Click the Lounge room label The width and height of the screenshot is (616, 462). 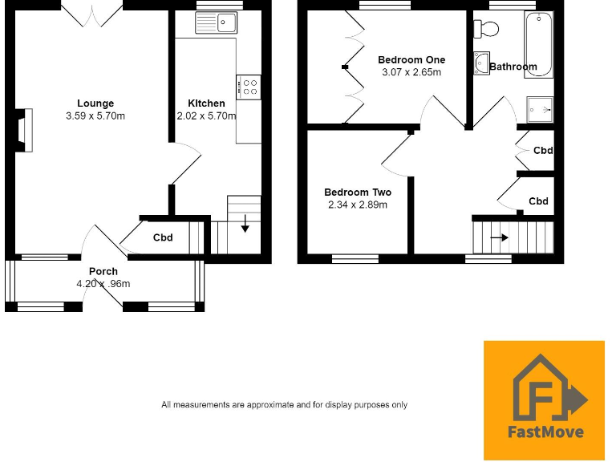click(x=95, y=103)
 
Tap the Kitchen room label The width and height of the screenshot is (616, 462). click(x=206, y=103)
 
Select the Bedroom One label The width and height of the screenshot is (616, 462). click(x=411, y=60)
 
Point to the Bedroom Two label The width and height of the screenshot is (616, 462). click(x=358, y=192)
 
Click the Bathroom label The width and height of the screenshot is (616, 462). click(x=513, y=67)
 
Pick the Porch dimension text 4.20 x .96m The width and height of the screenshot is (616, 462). click(x=103, y=284)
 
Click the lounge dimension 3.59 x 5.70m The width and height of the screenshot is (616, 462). click(x=95, y=116)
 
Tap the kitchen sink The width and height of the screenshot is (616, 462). click(x=215, y=23)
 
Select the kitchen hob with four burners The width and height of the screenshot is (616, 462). click(x=248, y=86)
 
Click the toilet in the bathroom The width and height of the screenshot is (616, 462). click(x=486, y=29)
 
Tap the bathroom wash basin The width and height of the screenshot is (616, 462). click(x=481, y=63)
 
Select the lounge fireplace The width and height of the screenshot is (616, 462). click(x=22, y=130)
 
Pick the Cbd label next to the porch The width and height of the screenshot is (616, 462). click(x=164, y=237)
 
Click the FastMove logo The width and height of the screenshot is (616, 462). click(x=544, y=399)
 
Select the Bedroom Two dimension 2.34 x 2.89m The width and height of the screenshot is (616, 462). click(x=358, y=205)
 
